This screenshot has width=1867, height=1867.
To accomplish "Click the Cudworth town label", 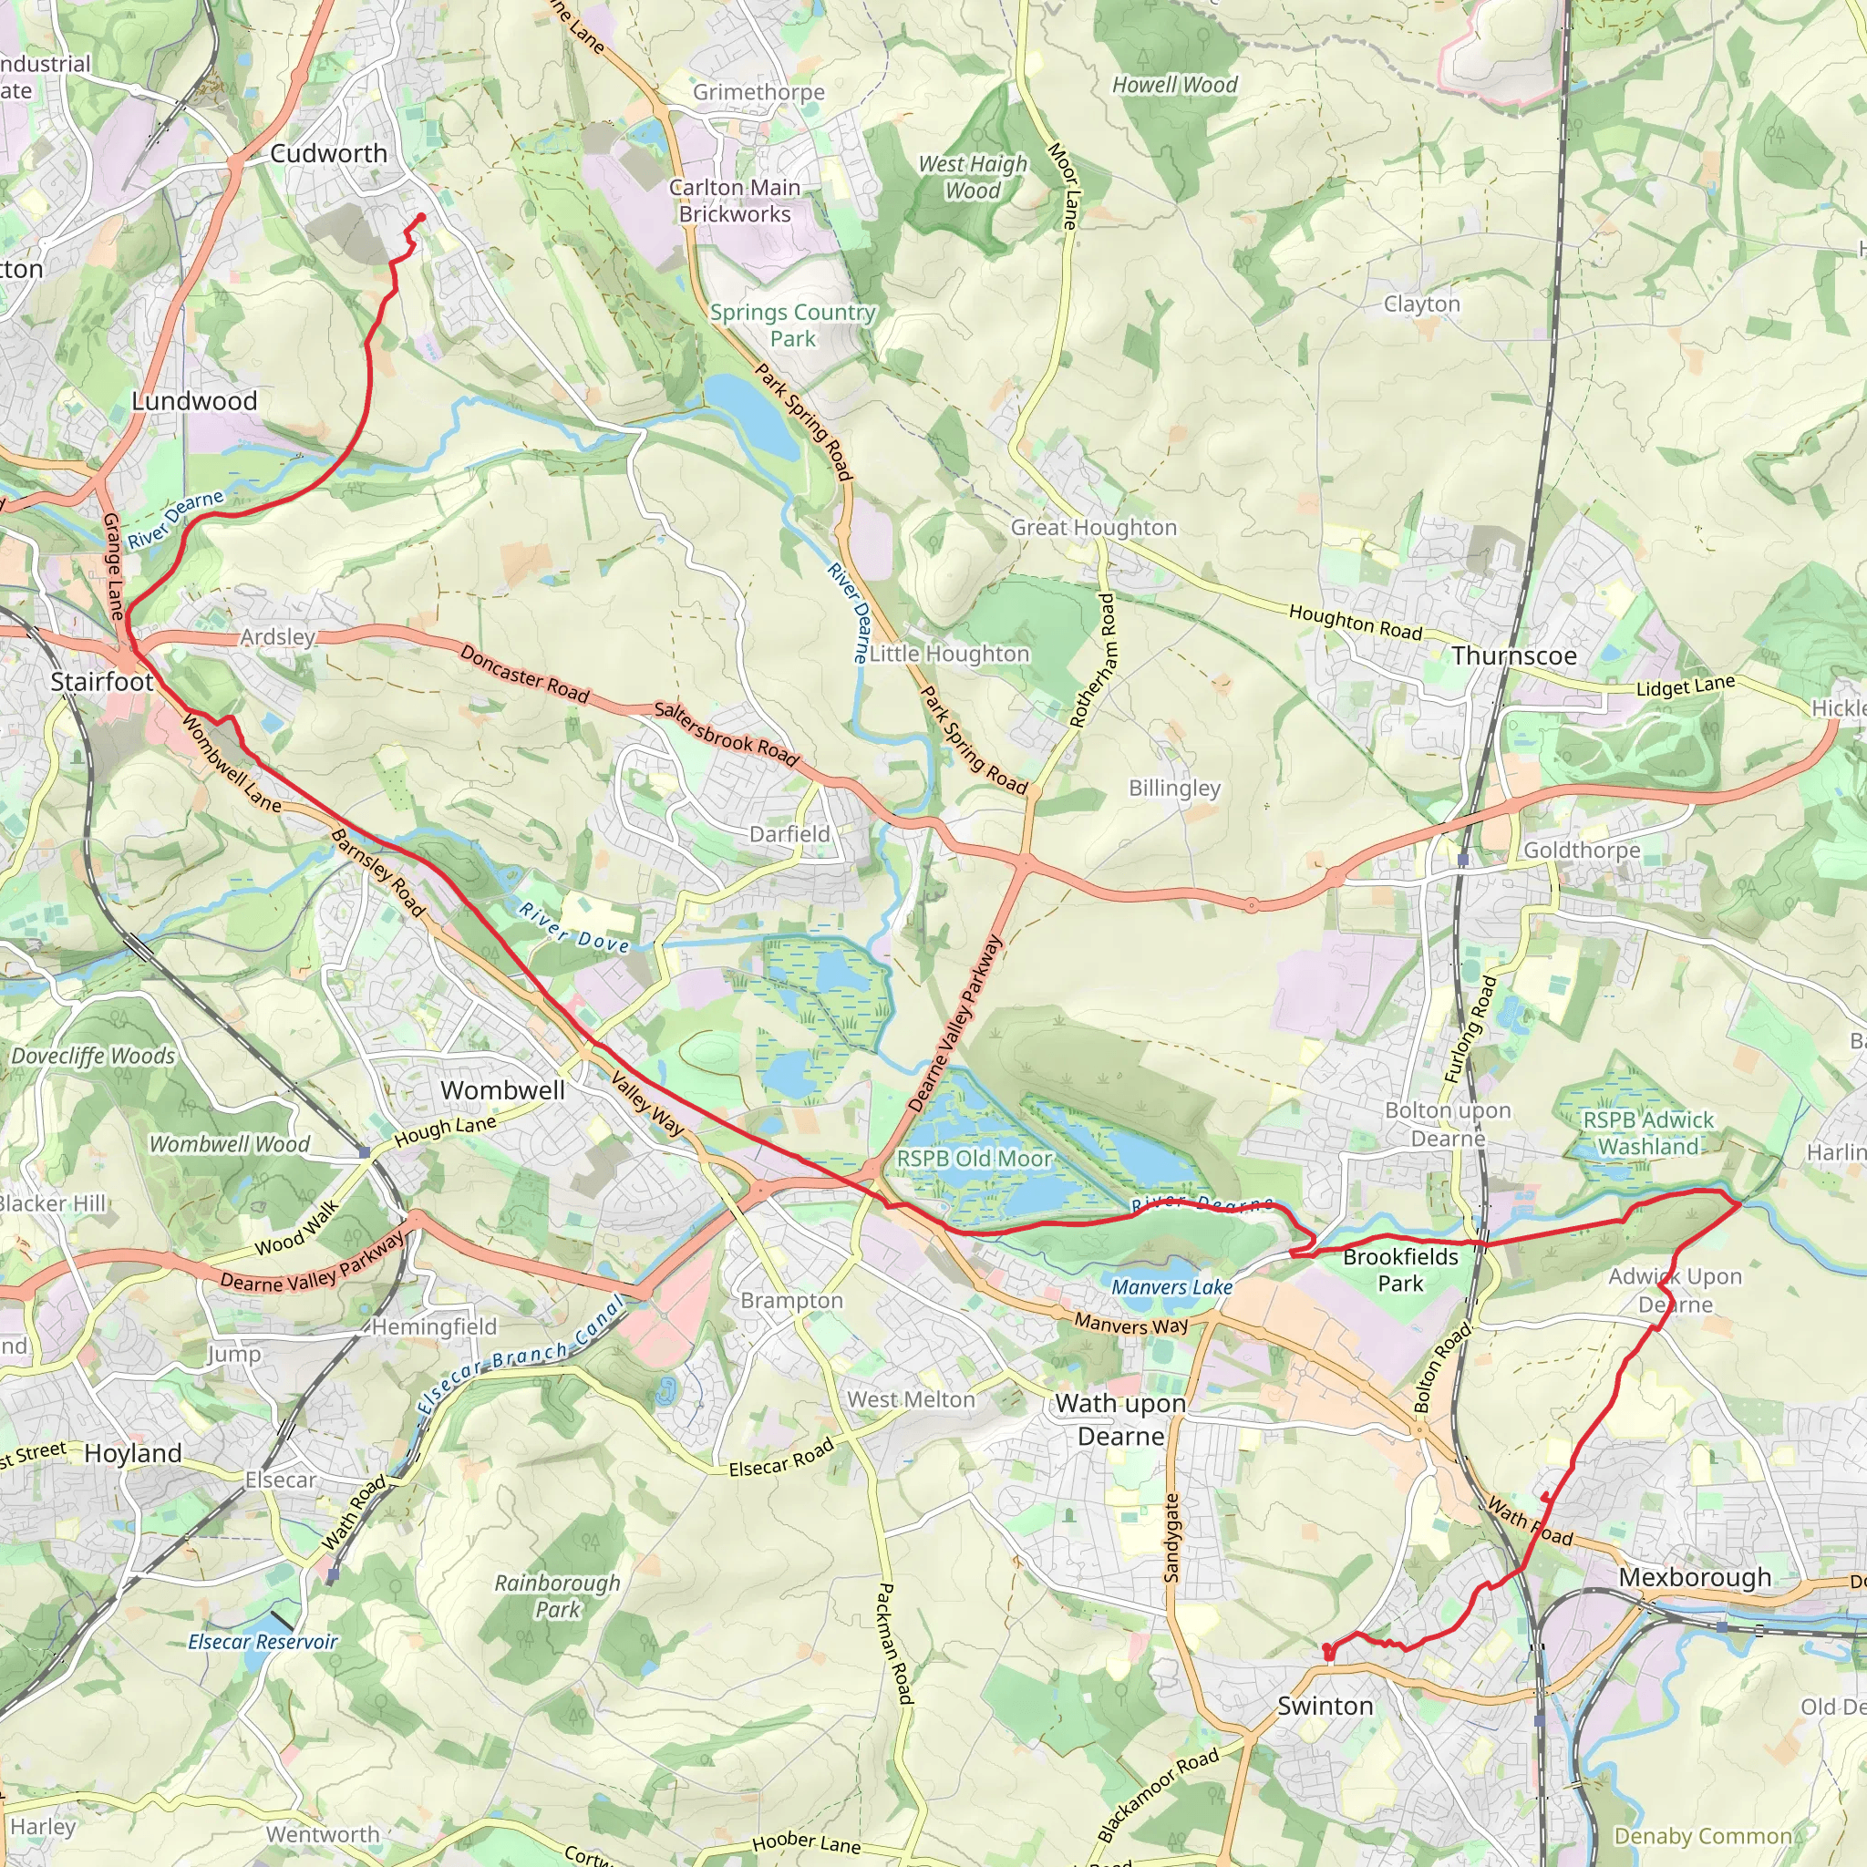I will coord(328,154).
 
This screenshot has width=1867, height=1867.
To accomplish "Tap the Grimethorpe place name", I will coord(758,93).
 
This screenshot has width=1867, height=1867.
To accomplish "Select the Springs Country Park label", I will coord(792,325).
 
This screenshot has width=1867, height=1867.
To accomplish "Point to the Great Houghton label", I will coord(1094,528).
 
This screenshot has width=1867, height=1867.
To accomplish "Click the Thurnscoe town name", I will coord(1513,656).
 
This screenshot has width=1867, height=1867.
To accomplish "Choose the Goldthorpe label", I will coord(1582,851).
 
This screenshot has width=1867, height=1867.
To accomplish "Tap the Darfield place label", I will coord(789,834).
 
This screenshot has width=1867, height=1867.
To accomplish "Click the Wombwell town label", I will coord(502,1090).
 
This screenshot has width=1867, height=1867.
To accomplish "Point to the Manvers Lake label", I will coord(1171,1287).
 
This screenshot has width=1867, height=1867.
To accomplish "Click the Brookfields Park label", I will coord(1400,1270).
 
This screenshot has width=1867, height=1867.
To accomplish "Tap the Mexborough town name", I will coord(1695,1577).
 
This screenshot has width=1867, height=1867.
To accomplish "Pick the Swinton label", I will coord(1325,1706).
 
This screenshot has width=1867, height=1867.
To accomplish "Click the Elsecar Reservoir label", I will coord(263,1642).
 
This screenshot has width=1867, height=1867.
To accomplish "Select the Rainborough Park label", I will coord(558,1595).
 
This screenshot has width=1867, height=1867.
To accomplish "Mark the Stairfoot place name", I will coord(101,682).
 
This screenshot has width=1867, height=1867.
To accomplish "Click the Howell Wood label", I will coord(1174,85).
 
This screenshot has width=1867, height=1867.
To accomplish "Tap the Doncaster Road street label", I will coord(524,674).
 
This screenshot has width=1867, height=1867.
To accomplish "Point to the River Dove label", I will coord(574,928).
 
